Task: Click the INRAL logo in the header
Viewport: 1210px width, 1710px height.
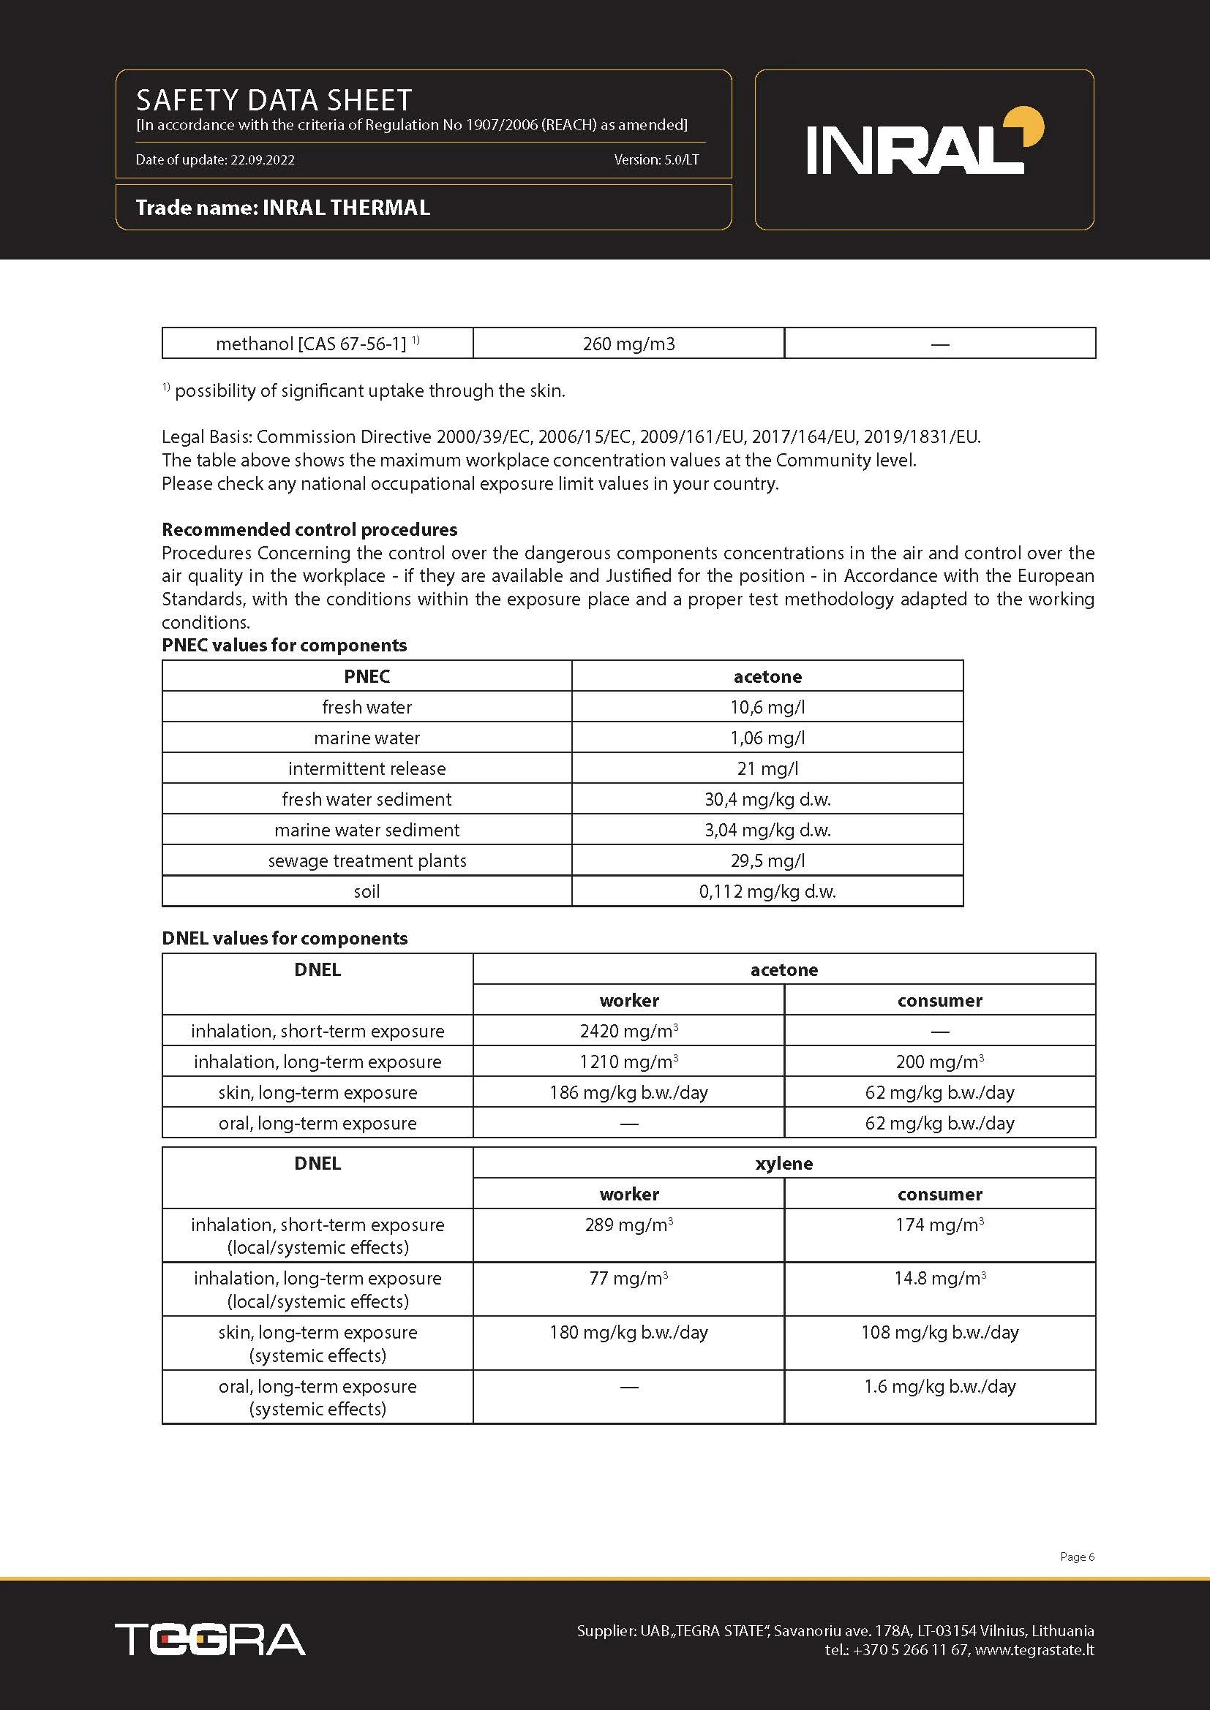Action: point(924,145)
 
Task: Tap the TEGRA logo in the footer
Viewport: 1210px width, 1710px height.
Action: point(210,1638)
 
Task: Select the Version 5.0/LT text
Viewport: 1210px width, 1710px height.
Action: point(656,160)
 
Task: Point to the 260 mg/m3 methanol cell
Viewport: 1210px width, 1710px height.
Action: point(628,344)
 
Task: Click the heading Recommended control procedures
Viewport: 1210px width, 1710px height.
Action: point(309,529)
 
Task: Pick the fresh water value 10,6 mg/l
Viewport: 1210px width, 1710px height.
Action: point(767,708)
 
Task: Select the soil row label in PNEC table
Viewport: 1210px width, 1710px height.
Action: point(367,891)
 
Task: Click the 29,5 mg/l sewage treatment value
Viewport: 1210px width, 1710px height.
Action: point(767,861)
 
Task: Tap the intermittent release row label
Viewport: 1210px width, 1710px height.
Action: point(367,768)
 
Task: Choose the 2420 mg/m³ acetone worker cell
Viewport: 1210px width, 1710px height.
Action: point(628,1032)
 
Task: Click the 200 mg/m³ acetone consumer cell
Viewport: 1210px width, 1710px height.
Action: point(939,1062)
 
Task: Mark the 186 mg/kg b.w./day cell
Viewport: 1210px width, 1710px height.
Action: point(628,1092)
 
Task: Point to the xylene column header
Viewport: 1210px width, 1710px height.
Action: point(784,1163)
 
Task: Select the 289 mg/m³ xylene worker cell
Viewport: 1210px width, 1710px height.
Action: point(628,1225)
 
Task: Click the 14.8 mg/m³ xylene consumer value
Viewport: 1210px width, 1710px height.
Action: point(939,1279)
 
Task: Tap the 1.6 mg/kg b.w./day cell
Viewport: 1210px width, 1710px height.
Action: point(939,1387)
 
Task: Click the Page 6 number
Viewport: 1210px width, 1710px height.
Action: point(1077,1556)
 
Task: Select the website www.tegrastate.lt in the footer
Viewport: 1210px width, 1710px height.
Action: point(1034,1649)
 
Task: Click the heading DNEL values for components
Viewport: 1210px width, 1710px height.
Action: point(285,939)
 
